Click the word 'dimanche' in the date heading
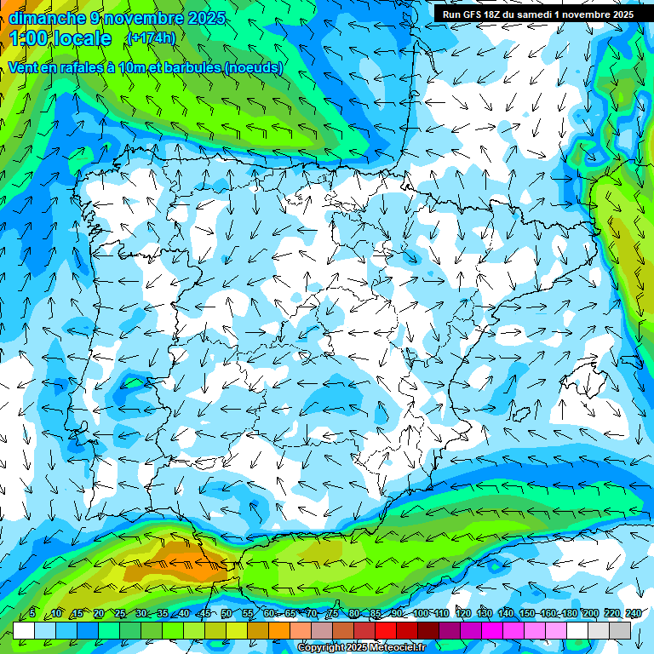(x=47, y=18)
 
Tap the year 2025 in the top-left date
(x=208, y=18)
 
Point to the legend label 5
(x=32, y=613)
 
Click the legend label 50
(x=226, y=613)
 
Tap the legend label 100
(x=421, y=613)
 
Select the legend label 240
(x=634, y=613)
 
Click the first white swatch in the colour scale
(x=24, y=630)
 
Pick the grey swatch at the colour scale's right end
(x=620, y=630)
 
